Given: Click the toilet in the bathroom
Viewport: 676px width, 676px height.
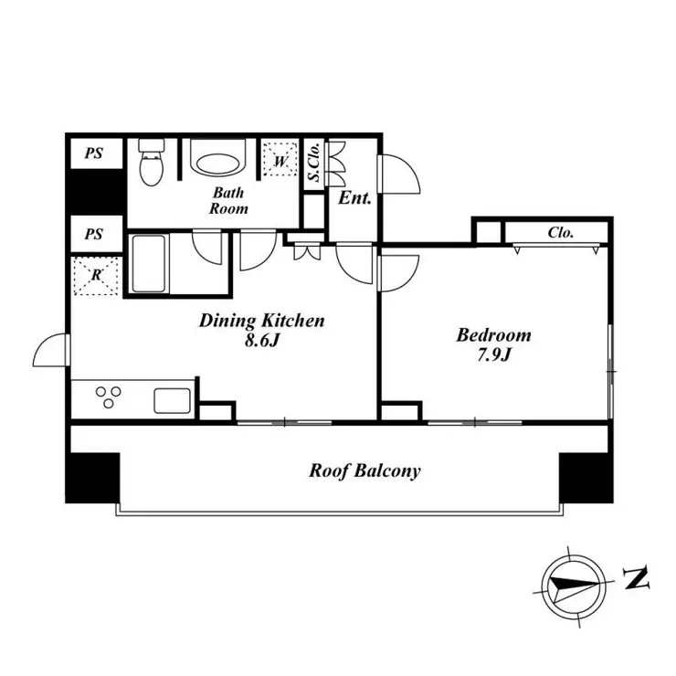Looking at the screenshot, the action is click(x=152, y=162).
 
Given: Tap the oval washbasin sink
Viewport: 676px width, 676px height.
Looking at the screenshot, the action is click(x=217, y=163).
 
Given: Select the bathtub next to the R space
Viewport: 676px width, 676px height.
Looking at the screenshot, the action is click(x=149, y=263).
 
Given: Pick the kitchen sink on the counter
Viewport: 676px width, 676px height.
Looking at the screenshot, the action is click(x=173, y=401).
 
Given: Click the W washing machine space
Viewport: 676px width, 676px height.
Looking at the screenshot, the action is click(x=280, y=159).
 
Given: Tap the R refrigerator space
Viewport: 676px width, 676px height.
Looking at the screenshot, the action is click(x=96, y=276).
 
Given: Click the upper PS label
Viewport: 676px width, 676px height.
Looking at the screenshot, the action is click(x=94, y=153).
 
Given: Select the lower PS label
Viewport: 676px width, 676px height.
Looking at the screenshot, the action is click(x=94, y=234).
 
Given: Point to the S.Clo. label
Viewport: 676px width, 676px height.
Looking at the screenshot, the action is click(x=314, y=162).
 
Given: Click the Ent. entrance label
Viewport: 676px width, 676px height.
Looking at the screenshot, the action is click(x=354, y=198).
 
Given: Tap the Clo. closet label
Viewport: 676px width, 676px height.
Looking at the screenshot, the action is click(x=561, y=233).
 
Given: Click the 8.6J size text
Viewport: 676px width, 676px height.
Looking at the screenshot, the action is click(x=262, y=341).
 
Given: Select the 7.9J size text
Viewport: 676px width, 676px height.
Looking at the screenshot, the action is click(x=494, y=354).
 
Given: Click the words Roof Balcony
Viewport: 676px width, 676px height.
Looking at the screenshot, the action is click(x=364, y=470).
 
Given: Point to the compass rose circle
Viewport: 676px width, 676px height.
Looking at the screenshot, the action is click(x=574, y=586).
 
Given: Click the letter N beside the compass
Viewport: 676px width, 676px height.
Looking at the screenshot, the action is click(x=637, y=578).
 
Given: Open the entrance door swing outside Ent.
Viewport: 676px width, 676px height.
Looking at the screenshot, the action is click(x=399, y=174).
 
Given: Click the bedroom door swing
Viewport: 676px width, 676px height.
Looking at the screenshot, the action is click(x=398, y=273).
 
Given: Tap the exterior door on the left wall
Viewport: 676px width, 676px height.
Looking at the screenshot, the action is click(x=51, y=350).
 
